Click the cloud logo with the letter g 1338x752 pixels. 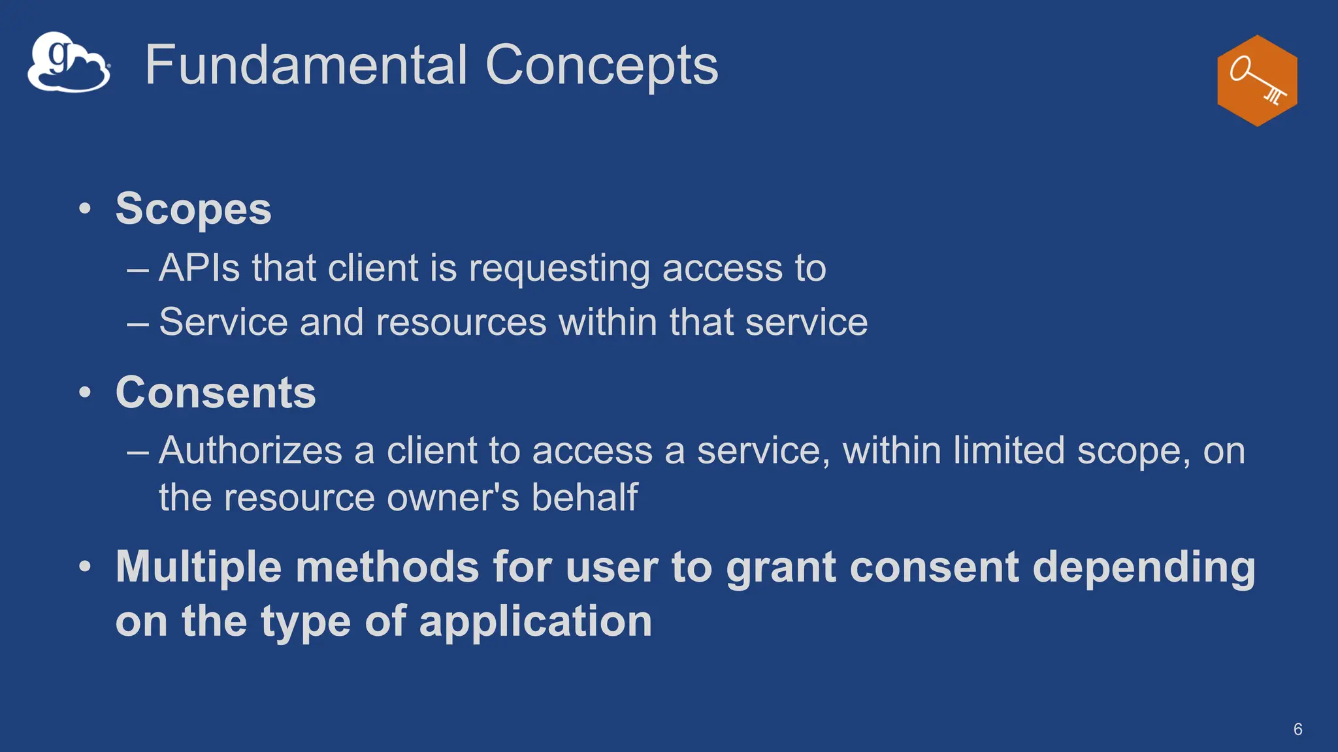[69, 63]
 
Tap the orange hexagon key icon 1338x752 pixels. [1257, 80]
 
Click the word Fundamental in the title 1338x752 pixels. [306, 65]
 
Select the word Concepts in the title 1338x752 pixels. [601, 65]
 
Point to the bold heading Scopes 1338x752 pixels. [193, 209]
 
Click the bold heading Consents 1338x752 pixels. [216, 392]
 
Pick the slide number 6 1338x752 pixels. [1297, 729]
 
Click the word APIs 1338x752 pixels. [199, 268]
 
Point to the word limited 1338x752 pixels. [1009, 450]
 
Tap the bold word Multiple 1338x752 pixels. [199, 567]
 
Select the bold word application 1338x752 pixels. [535, 621]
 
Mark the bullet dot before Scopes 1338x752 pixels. [85, 209]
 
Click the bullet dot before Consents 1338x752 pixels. [85, 392]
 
